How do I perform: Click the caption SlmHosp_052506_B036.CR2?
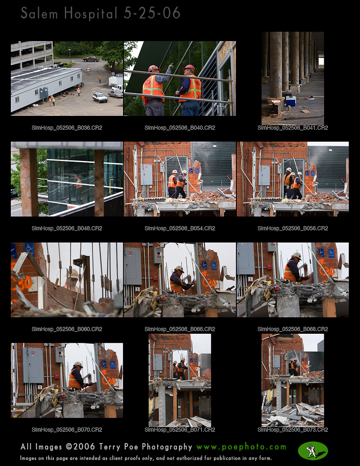click(x=67, y=128)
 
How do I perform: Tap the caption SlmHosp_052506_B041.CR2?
click(x=293, y=128)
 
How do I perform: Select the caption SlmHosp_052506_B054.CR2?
click(x=180, y=228)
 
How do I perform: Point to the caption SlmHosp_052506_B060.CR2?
click(x=67, y=329)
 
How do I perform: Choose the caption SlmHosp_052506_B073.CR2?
click(x=293, y=430)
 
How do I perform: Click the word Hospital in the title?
click(x=91, y=14)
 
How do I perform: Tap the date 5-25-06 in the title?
click(x=152, y=13)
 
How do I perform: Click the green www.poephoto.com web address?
click(x=241, y=447)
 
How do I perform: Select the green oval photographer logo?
click(x=313, y=451)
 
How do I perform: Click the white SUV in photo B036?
click(x=99, y=97)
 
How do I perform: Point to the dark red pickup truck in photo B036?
click(x=91, y=59)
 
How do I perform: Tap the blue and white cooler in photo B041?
click(x=290, y=101)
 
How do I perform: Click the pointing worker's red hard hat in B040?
click(x=154, y=68)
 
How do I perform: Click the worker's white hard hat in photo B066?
click(x=179, y=269)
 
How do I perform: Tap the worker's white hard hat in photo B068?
click(x=296, y=255)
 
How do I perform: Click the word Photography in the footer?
click(x=167, y=447)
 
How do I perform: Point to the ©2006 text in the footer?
click(x=80, y=447)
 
